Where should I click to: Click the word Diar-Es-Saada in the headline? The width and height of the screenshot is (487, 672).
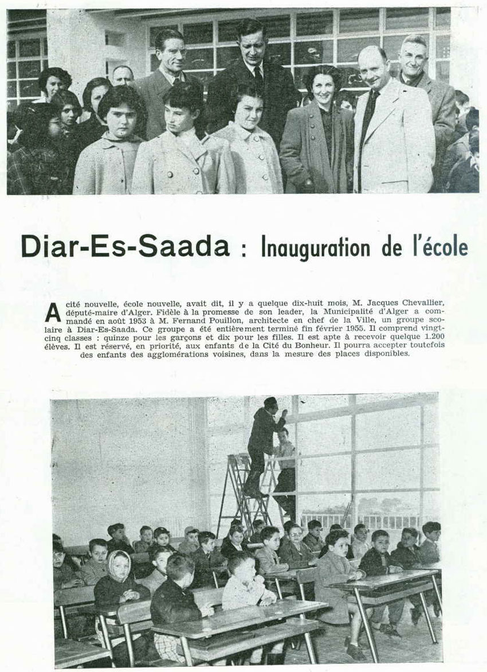[125, 247]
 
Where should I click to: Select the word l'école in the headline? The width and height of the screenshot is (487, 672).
[438, 247]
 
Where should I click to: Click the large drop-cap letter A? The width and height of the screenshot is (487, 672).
[53, 311]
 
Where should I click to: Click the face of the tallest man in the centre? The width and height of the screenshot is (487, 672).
[253, 43]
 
